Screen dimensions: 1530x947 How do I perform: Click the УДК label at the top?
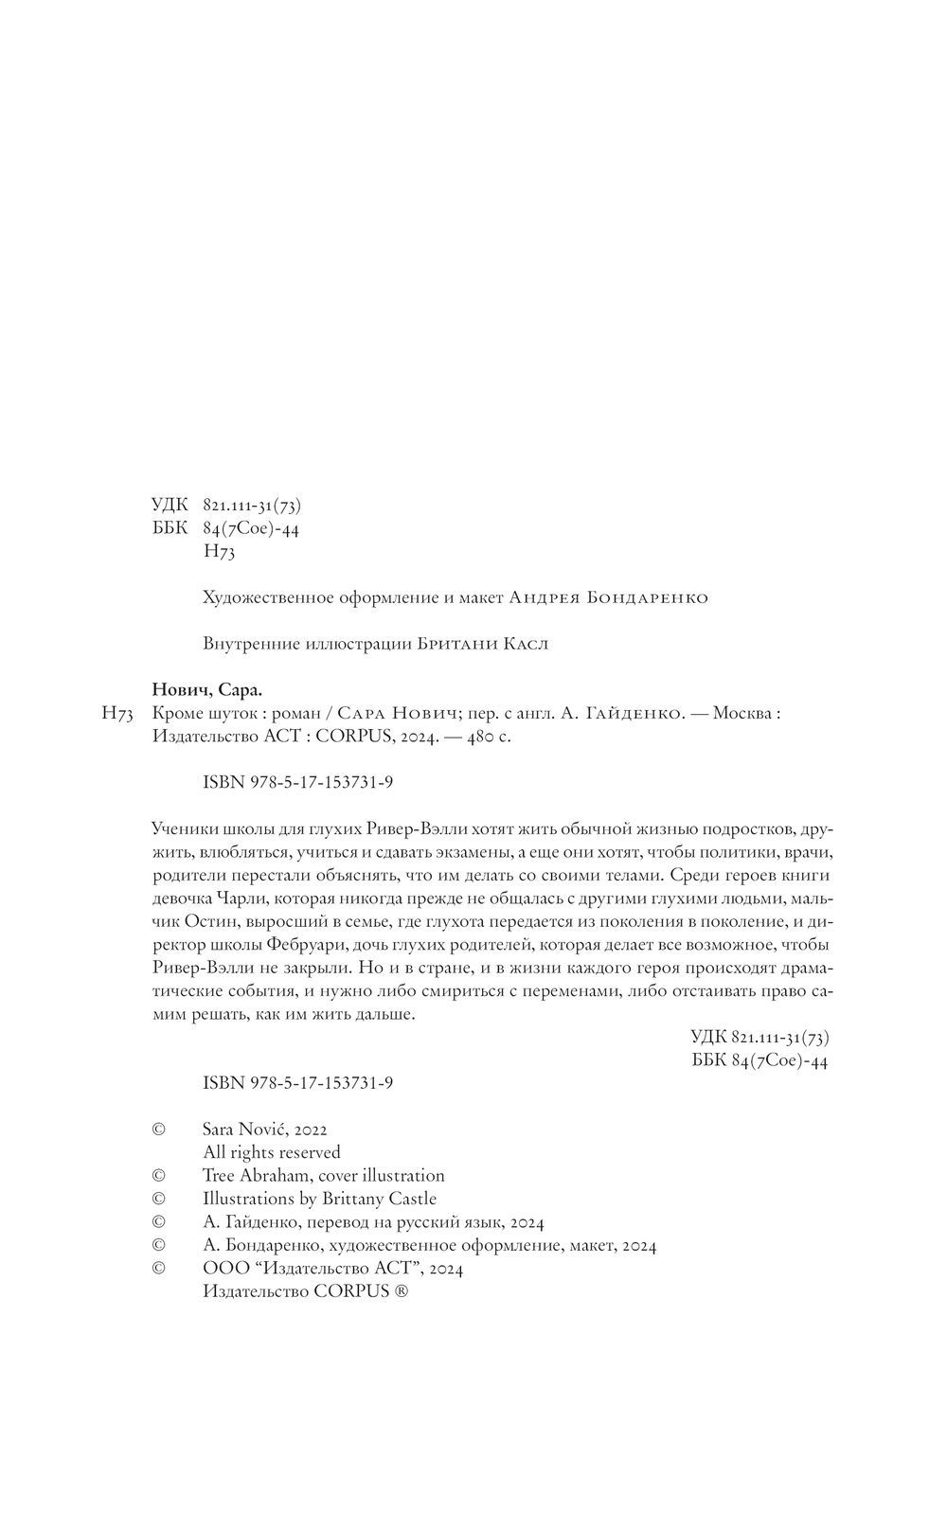coord(170,506)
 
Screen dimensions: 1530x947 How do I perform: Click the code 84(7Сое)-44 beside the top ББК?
coord(251,529)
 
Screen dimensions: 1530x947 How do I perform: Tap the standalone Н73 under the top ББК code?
coord(219,552)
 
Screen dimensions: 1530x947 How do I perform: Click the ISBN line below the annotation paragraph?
coord(298,1083)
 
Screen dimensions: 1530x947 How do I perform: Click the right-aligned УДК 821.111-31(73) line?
coord(759,1038)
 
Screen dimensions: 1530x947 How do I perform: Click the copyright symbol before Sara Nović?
coord(159,1130)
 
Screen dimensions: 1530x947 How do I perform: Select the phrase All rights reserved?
coord(272,1152)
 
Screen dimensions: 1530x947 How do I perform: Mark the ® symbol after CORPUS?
coord(402,1292)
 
